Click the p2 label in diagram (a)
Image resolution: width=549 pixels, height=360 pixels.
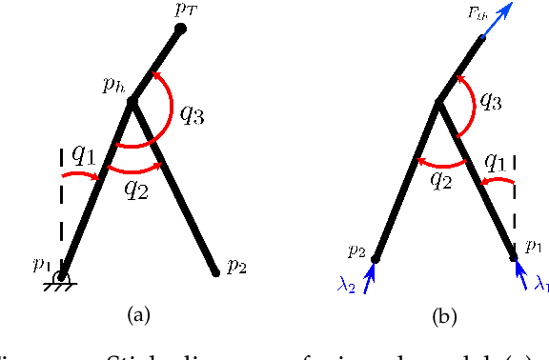click(x=234, y=267)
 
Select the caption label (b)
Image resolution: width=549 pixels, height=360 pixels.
click(x=443, y=314)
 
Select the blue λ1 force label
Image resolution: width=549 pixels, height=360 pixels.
click(x=541, y=283)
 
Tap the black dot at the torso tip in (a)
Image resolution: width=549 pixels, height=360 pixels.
click(x=180, y=29)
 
